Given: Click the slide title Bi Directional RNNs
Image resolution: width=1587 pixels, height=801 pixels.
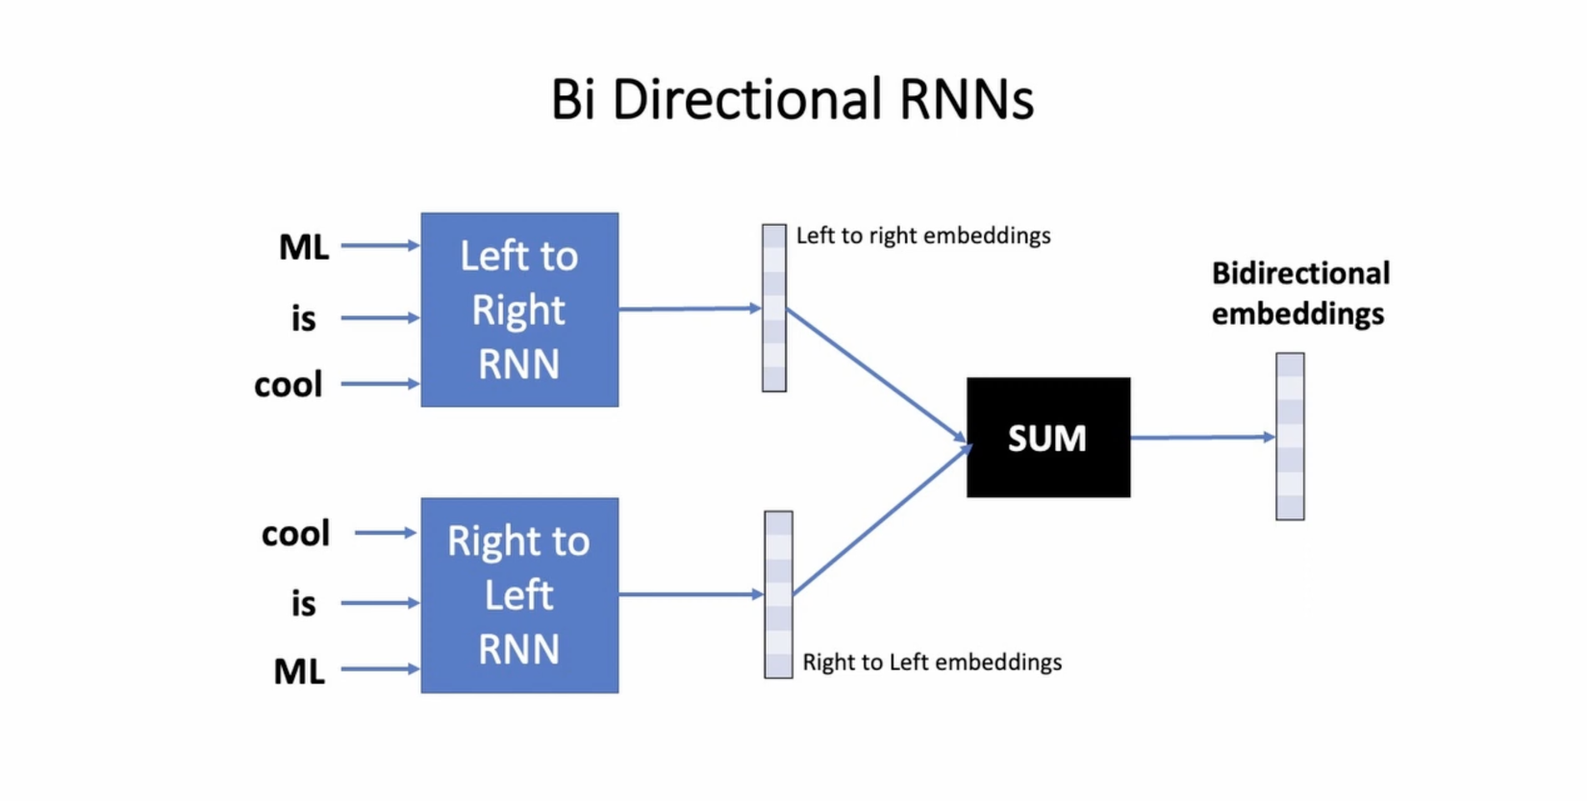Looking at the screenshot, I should click(x=792, y=99).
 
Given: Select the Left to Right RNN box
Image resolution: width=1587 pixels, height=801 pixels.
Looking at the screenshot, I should click(x=519, y=310).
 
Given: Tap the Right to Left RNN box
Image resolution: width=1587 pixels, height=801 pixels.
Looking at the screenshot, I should click(x=519, y=595).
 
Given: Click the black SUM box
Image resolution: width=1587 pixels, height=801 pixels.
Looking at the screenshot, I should click(x=1048, y=438).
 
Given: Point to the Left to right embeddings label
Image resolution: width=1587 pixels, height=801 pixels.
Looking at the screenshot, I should click(x=923, y=236).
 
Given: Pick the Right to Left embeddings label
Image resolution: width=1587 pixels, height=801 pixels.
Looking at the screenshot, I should click(x=932, y=663).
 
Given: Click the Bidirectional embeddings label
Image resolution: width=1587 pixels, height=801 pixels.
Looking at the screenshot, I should click(x=1299, y=293).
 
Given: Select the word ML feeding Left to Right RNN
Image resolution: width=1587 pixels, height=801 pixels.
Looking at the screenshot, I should click(x=304, y=247).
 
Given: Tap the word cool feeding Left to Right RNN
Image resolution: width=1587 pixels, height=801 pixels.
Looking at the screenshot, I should click(x=288, y=385).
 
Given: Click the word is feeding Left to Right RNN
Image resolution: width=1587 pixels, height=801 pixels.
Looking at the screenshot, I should click(x=304, y=318).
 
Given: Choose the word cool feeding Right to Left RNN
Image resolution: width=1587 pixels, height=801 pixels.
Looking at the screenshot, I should click(x=295, y=534).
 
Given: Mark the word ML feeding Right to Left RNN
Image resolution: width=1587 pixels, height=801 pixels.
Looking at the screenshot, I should click(x=299, y=671).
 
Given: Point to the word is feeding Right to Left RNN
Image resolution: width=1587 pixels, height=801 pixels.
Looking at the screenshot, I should click(x=304, y=604).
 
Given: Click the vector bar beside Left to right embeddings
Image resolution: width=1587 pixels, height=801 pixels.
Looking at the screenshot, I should click(x=774, y=308).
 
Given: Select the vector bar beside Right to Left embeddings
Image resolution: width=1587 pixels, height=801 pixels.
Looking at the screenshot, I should click(x=778, y=594).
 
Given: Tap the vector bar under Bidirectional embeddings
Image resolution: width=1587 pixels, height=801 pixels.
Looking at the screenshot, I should click(x=1290, y=437).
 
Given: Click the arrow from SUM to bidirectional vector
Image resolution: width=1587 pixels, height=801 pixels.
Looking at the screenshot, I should click(x=1202, y=438).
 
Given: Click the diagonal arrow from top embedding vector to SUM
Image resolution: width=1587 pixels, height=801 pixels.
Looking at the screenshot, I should click(x=875, y=375).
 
